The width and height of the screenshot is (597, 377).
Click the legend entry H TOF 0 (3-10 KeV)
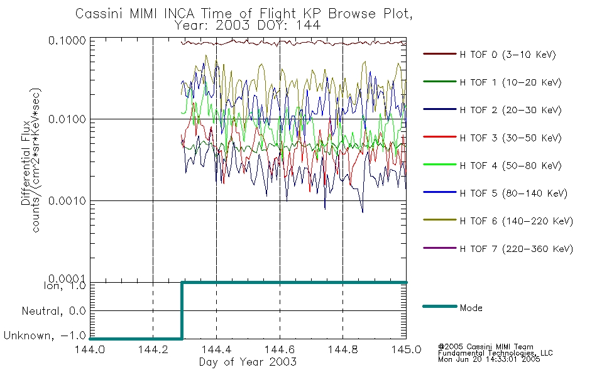point(508,55)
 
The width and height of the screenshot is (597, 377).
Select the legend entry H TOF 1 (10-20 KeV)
point(510,82)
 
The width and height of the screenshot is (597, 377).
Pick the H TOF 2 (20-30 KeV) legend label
point(510,110)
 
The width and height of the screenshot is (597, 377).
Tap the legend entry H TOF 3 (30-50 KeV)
point(510,138)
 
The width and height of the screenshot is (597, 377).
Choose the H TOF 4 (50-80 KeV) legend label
point(510,166)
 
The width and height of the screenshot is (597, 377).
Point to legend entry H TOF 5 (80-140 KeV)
point(513,194)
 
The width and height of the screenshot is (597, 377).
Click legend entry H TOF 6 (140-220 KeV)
point(517,221)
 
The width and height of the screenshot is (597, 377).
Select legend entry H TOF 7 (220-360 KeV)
point(517,249)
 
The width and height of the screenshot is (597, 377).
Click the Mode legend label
point(471,308)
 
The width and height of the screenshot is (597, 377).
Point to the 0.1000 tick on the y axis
point(67,40)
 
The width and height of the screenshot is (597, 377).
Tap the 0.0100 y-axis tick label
point(67,119)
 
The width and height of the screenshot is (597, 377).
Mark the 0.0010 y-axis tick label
point(67,200)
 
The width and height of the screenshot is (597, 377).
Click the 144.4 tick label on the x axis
point(216,349)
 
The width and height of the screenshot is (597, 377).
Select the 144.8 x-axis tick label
point(342,349)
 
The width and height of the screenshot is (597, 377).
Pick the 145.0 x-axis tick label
point(406,349)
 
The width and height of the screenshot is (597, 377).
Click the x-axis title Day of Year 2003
point(248,362)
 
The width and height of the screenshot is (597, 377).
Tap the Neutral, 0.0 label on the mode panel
point(53,312)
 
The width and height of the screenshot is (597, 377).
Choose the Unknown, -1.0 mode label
point(45,336)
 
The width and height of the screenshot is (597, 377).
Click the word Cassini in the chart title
point(100,14)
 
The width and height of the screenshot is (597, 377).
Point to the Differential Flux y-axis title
point(26,163)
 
